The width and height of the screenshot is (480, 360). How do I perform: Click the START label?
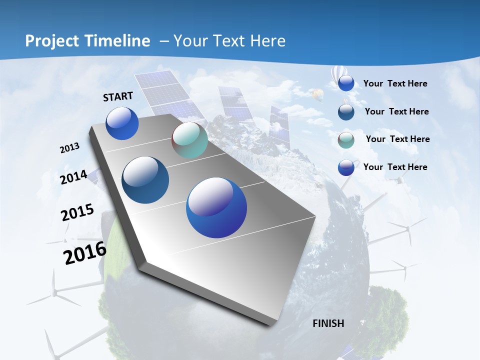click(x=118, y=96)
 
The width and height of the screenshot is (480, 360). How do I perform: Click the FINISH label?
click(x=328, y=323)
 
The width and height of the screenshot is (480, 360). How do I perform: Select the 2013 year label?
click(x=69, y=148)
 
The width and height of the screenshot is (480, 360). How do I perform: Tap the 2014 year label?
click(x=73, y=177)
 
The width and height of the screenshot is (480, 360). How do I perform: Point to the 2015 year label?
click(x=77, y=212)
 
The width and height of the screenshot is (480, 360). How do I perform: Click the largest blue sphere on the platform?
click(x=216, y=207)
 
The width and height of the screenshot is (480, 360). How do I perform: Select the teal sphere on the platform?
click(x=189, y=140)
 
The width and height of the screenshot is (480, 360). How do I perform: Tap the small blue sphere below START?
click(x=122, y=123)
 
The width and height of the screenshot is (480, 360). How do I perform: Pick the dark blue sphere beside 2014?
click(x=145, y=180)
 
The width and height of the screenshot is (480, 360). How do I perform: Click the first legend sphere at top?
click(x=346, y=83)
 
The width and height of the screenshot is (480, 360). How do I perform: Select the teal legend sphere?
click(x=346, y=139)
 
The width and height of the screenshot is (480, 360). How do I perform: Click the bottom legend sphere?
click(x=346, y=167)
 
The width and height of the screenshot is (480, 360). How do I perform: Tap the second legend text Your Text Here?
click(x=396, y=111)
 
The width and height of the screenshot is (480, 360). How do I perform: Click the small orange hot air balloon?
click(x=316, y=93)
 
